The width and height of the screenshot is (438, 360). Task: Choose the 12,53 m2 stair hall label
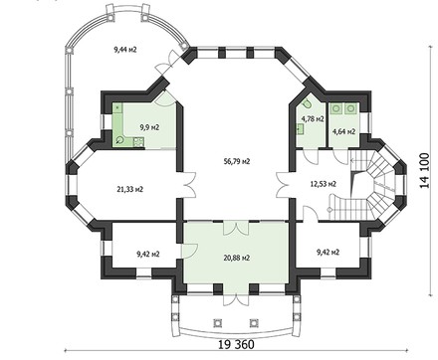point(324,183)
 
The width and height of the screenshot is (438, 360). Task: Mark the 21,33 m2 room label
point(130,188)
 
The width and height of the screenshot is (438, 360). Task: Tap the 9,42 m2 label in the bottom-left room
point(148,254)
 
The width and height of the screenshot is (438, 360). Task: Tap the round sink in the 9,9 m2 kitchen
point(119,140)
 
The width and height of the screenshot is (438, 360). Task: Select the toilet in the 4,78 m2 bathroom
point(308,103)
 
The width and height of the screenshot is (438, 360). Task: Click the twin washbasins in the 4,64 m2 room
point(344,106)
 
